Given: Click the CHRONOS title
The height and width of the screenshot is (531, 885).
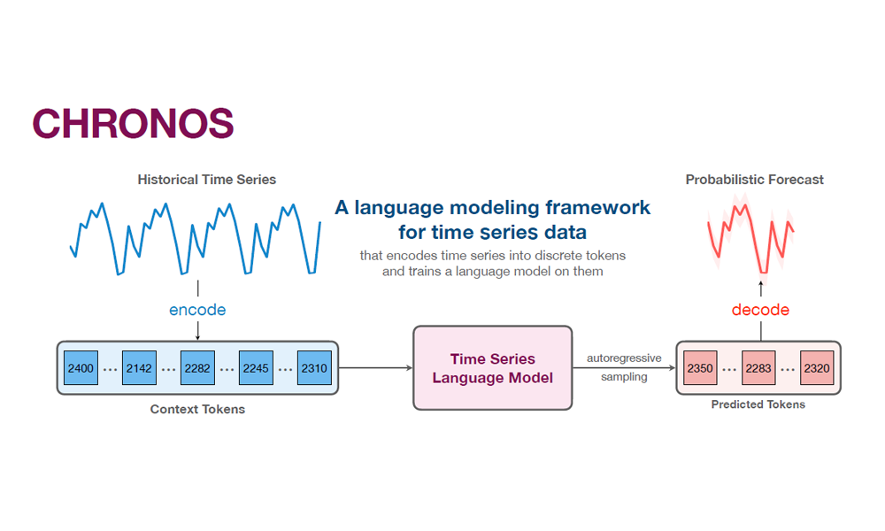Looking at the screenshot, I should tap(133, 124).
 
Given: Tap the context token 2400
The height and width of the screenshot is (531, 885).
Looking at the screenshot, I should tap(81, 367).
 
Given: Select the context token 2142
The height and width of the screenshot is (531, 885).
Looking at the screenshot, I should tap(139, 367).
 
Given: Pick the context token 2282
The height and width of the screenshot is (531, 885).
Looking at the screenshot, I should tap(197, 367).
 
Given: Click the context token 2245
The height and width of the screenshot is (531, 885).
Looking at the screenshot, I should tap(256, 367).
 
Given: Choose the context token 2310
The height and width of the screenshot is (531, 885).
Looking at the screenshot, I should tap(314, 367).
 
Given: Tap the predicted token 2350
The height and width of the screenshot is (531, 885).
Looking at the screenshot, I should tap(700, 367).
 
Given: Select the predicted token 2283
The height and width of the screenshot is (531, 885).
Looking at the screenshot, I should tap(758, 367).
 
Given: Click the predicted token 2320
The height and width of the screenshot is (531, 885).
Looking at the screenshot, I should tap(817, 367).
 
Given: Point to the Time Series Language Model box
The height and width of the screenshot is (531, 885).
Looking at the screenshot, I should tap(493, 368).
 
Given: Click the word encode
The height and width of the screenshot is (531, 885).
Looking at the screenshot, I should tap(197, 310).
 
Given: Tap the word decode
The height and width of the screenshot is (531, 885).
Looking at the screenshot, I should tap(760, 310).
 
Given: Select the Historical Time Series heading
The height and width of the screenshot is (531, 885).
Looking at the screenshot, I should tap(207, 180).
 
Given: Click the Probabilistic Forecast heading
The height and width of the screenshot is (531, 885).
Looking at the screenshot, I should tap(755, 180).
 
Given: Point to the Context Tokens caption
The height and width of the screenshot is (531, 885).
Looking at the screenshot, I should tap(197, 409).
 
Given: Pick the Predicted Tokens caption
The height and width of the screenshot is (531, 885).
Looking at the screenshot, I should tap(758, 404).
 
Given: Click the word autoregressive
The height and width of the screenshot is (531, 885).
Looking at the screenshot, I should tap(624, 358).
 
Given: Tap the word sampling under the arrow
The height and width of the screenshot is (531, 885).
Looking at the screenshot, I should tap(624, 377).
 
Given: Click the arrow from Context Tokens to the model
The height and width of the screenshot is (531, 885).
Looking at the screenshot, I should tap(375, 367).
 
